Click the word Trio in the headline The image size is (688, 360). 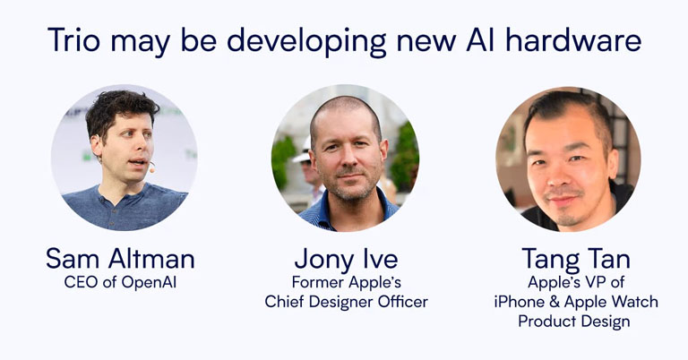pyautogui.click(x=74, y=41)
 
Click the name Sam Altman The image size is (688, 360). pyautogui.click(x=120, y=260)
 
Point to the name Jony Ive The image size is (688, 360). pyautogui.click(x=345, y=260)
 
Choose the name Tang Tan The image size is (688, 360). pyautogui.click(x=576, y=260)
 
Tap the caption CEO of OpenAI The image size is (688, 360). pyautogui.click(x=120, y=283)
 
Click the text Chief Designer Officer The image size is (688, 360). pyautogui.click(x=346, y=302)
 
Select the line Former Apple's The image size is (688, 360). pyautogui.click(x=346, y=283)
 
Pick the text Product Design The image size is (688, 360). pyautogui.click(x=575, y=321)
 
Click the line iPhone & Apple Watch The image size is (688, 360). pyautogui.click(x=575, y=302)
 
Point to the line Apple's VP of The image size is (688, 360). pyautogui.click(x=576, y=283)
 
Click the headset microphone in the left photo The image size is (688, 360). pyautogui.click(x=151, y=167)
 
